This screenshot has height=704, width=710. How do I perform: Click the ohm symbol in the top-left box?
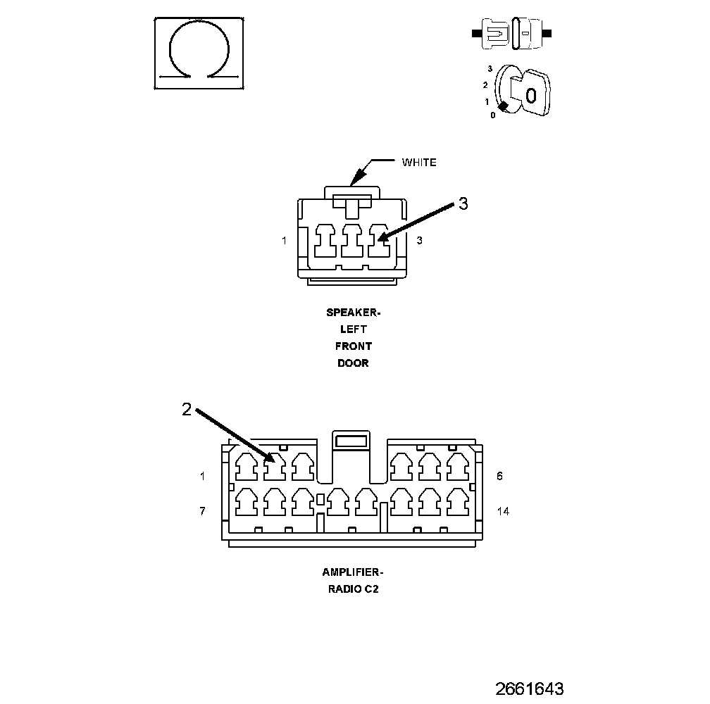[199, 52]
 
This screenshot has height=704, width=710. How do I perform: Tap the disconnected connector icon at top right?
[512, 33]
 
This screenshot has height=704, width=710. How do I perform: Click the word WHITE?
[419, 163]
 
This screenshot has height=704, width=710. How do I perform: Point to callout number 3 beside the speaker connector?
[463, 204]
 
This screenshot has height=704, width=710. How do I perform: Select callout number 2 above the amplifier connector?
[186, 409]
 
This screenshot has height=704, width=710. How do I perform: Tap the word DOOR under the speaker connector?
[353, 363]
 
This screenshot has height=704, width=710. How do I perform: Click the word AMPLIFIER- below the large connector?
[353, 572]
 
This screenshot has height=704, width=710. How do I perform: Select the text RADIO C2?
[353, 590]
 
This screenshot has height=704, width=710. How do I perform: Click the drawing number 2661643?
[529, 688]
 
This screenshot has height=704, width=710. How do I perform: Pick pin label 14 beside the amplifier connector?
[503, 511]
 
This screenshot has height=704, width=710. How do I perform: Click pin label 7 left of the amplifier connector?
[202, 511]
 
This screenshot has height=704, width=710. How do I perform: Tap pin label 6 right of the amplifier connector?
[499, 476]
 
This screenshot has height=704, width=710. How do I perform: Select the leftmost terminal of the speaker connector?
[325, 241]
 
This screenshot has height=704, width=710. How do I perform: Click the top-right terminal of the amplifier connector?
[458, 465]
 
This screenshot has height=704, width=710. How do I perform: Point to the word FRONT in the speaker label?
[353, 346]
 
